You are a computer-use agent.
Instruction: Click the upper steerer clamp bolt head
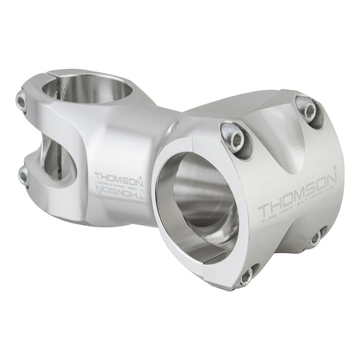tap(22, 101)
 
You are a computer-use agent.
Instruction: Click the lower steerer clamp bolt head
tap(24, 176)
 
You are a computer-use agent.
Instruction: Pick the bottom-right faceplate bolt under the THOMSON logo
tap(317, 236)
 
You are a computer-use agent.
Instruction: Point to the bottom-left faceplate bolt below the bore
tap(247, 275)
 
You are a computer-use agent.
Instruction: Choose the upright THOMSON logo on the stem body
tap(117, 176)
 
